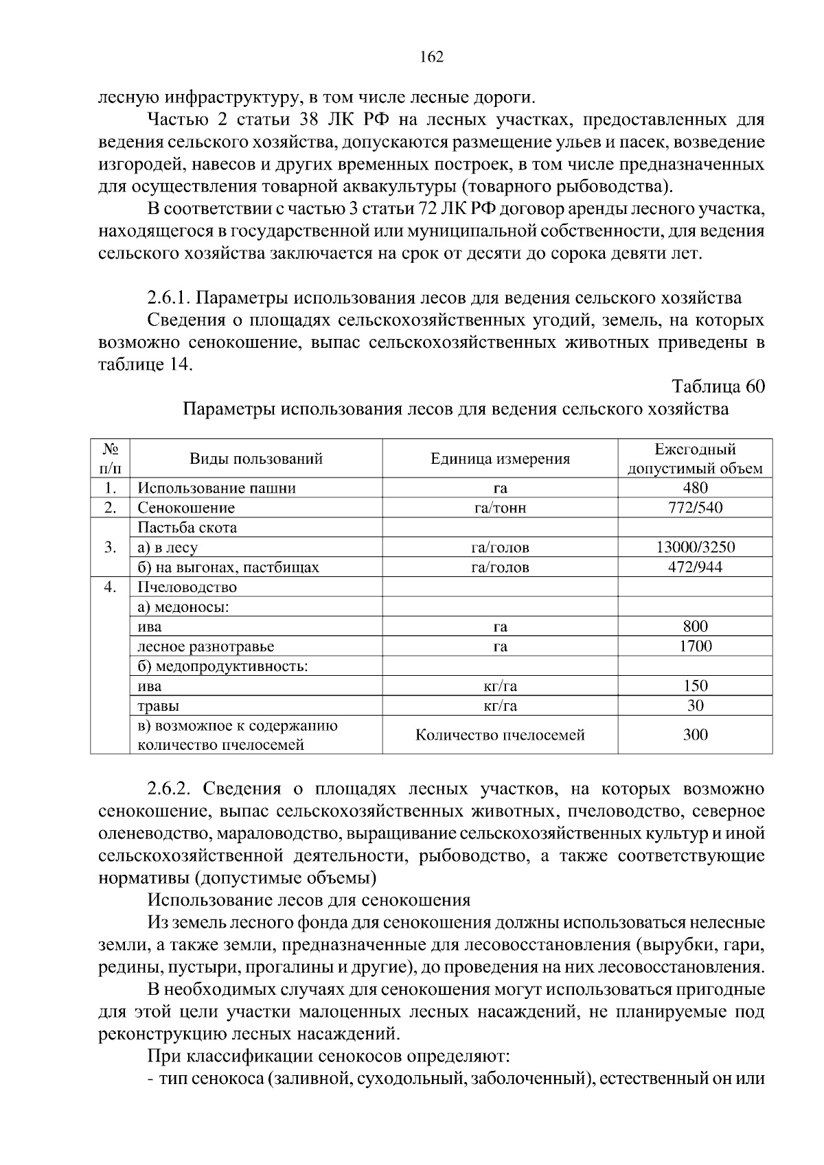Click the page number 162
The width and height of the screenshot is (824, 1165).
[x=431, y=57]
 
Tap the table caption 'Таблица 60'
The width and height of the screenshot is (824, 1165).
[x=718, y=386]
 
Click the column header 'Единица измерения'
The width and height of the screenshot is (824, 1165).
[x=500, y=459]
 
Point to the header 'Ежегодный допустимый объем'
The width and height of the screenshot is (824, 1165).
[x=695, y=459]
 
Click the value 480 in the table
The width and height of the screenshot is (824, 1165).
[x=695, y=488]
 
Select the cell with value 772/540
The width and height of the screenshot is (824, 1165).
[x=695, y=508]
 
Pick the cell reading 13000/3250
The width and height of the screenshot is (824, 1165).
[x=695, y=548]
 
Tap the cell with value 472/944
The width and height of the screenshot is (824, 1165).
[x=695, y=567]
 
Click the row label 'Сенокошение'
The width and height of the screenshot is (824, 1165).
[x=186, y=508]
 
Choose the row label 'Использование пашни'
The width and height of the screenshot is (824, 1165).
[x=217, y=489]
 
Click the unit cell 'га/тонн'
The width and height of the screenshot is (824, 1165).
[x=500, y=508]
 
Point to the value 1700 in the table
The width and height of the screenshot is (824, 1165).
[x=695, y=646]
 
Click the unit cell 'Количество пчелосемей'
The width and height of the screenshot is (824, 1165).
[x=500, y=736]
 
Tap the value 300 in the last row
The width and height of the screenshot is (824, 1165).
[x=695, y=735]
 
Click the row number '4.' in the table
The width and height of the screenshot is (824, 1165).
[x=110, y=587]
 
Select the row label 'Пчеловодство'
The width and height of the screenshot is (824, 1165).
[x=187, y=587]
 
